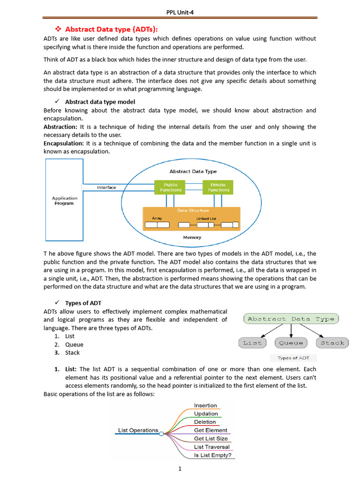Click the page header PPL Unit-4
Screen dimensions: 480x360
point(180,12)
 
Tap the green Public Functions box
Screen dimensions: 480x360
point(171,187)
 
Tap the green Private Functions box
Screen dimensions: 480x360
point(218,187)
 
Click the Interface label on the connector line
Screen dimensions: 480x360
point(106,187)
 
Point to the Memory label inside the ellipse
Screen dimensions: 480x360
point(192,238)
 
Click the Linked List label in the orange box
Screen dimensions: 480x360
point(206,218)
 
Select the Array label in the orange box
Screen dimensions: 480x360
point(157,218)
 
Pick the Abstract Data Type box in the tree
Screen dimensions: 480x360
point(291,319)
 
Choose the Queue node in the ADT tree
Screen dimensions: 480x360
point(291,343)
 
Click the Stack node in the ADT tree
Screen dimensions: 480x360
point(332,343)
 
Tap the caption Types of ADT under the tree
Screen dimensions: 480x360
point(293,358)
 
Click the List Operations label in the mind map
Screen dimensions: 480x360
point(138,430)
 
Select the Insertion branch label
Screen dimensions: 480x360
point(205,405)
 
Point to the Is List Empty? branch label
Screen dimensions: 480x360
point(212,455)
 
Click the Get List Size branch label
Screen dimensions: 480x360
point(210,439)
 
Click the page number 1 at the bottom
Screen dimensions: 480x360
point(180,469)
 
